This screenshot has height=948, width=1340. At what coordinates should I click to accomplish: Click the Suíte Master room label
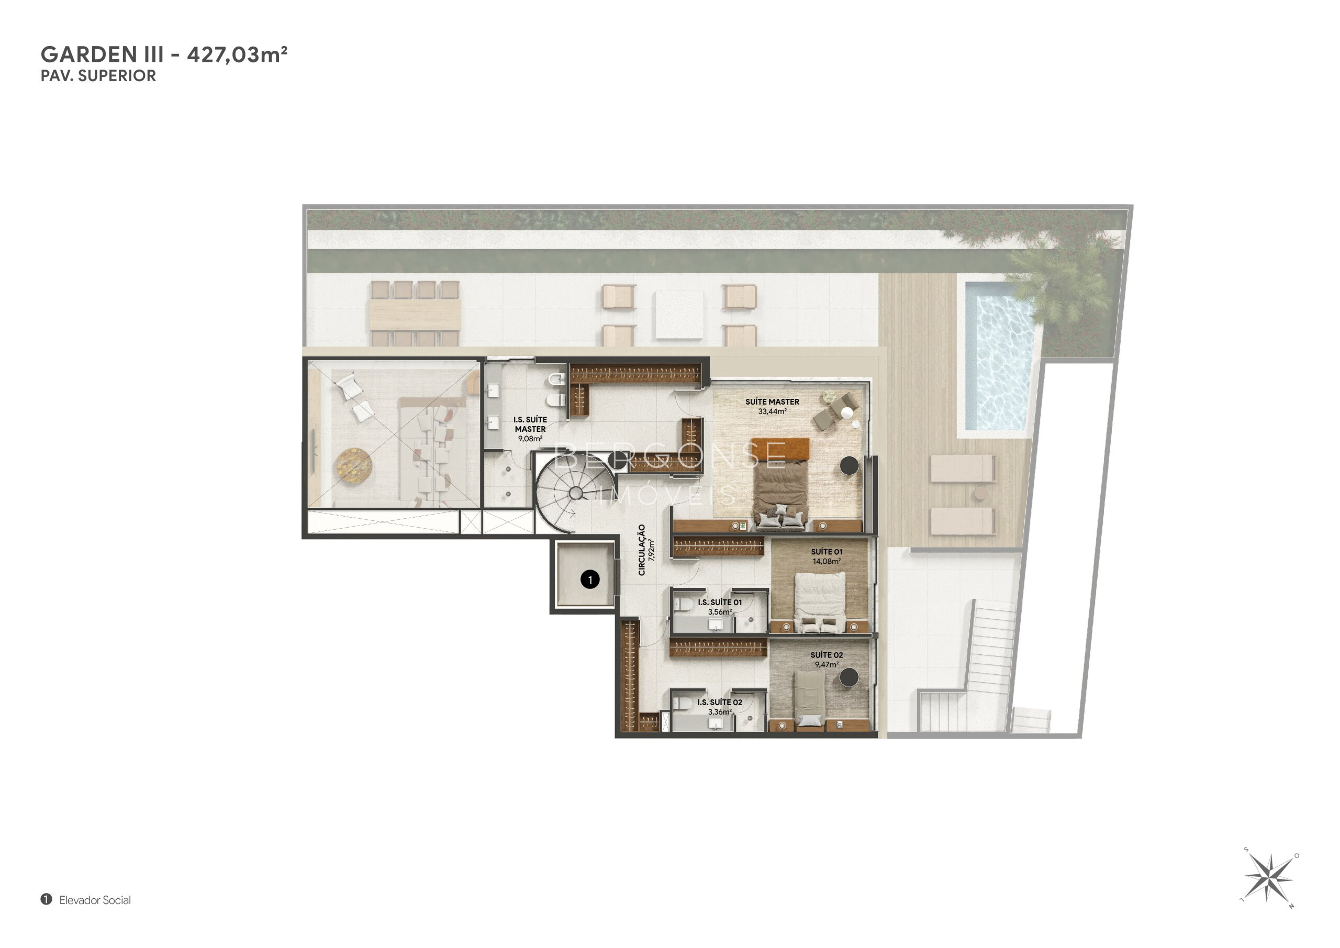coord(772,401)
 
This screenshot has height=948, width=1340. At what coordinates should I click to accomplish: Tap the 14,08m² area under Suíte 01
coord(827,561)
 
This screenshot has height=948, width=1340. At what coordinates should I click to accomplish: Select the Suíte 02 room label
coord(827,655)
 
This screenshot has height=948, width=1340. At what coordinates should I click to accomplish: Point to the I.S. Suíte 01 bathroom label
coord(720,602)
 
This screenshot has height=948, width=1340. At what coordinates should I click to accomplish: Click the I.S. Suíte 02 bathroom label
coord(720,702)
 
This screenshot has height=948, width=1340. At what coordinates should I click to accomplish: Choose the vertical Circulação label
coord(642,549)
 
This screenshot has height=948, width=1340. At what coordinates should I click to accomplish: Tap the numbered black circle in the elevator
coord(590,579)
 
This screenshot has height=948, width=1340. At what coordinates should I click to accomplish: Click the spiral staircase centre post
coord(575,493)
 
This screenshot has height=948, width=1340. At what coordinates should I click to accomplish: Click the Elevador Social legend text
coord(95,900)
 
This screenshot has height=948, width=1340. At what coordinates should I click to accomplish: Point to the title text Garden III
coord(102,54)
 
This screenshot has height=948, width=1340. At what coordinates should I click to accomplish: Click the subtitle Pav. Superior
coord(98,76)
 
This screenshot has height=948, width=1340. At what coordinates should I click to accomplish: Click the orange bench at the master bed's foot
coord(780,448)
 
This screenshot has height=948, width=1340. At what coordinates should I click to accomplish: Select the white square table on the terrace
coord(679,315)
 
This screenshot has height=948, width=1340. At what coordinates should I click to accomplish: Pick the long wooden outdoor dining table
coord(415,314)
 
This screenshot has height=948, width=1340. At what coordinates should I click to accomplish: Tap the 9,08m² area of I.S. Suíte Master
coord(530,438)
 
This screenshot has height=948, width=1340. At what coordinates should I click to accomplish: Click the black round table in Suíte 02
coord(848,678)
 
